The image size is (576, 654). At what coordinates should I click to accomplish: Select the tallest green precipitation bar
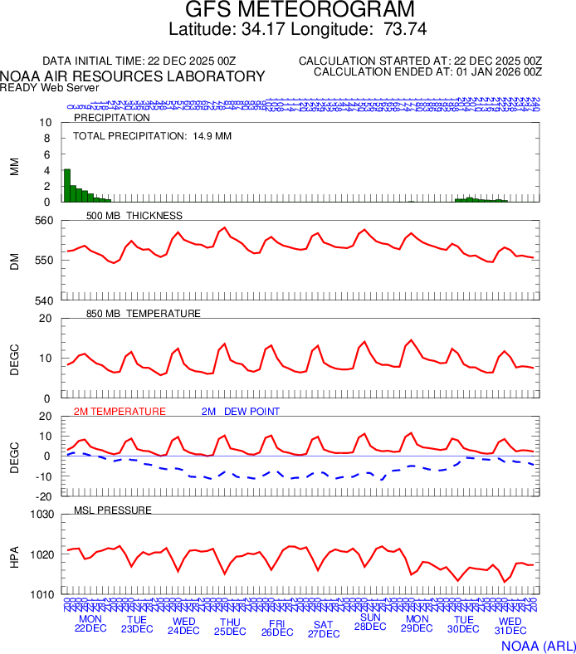tap(67, 185)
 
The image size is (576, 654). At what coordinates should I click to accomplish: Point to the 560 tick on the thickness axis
tap(43, 221)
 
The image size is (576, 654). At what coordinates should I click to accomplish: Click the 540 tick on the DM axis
tap(43, 300)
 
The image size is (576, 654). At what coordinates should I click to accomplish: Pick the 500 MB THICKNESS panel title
tap(134, 216)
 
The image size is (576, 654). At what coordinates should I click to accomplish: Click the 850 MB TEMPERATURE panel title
tap(144, 314)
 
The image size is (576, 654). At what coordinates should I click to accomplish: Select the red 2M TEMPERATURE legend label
tap(120, 412)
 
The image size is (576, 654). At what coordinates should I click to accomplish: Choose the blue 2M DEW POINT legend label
tap(241, 412)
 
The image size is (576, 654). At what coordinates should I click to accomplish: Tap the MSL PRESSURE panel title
tap(113, 510)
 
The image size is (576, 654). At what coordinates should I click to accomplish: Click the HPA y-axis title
tap(14, 554)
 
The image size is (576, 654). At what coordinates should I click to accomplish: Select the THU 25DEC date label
tap(230, 626)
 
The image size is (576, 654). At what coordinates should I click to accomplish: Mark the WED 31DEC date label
tap(510, 626)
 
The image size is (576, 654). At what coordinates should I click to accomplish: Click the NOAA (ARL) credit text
tap(537, 645)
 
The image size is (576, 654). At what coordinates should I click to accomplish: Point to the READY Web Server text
tap(50, 88)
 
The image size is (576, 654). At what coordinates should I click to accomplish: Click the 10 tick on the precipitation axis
tap(46, 123)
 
